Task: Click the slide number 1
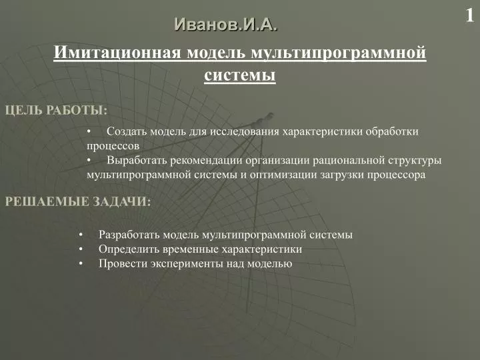[x=469, y=15]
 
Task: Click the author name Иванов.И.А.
[x=226, y=25]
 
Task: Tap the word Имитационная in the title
[x=117, y=53]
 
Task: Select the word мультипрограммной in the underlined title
[x=338, y=53]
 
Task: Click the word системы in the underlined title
[x=240, y=75]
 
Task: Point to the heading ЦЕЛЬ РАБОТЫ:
[x=56, y=110]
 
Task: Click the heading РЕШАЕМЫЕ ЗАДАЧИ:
[x=78, y=202]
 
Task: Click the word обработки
[x=392, y=131]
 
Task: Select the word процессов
[x=113, y=146]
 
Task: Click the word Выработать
[x=137, y=161]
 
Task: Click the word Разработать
[x=129, y=235]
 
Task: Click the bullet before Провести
[x=81, y=263]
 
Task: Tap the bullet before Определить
[x=81, y=249]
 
